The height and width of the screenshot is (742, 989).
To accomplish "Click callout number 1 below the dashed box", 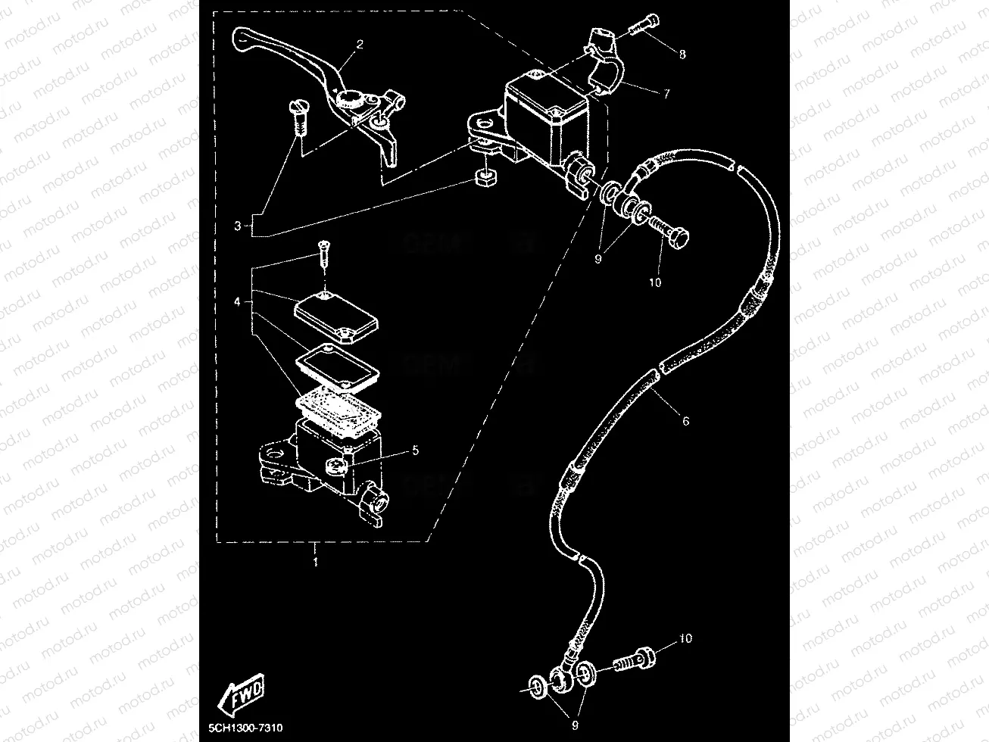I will click(315, 563).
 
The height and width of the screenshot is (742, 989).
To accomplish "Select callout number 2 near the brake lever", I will click(359, 44).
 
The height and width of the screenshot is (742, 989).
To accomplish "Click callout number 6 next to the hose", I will click(685, 421).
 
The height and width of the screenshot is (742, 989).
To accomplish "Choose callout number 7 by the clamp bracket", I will click(666, 95).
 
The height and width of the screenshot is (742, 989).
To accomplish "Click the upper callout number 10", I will click(655, 282).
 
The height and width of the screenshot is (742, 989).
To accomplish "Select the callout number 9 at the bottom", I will click(575, 725).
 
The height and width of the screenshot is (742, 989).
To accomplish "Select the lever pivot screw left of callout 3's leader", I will click(296, 117).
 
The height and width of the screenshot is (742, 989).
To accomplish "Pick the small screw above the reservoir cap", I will click(323, 251).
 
